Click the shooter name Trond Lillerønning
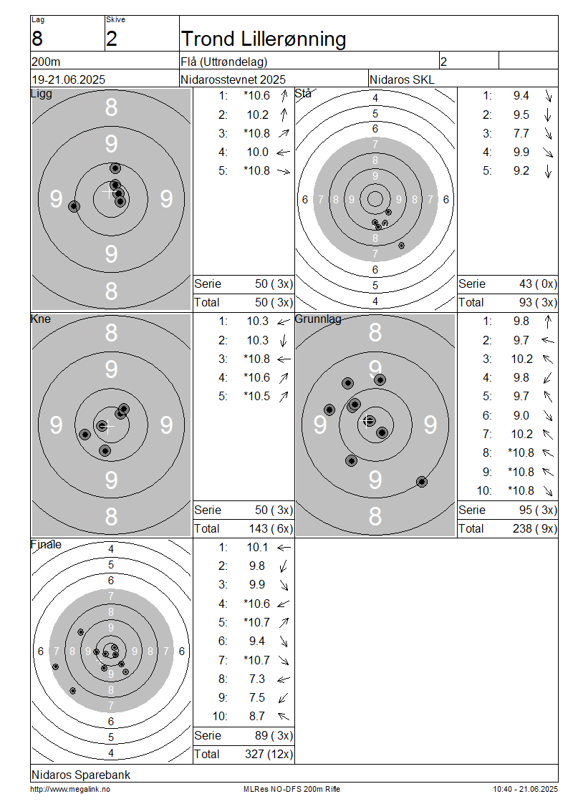pos(264,39)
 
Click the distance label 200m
pos(46,62)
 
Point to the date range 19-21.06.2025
pos(69,80)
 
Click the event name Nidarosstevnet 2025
pos(233,80)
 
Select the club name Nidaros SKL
pos(402,80)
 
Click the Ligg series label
pos(42,93)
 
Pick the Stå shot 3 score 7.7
pos(521,134)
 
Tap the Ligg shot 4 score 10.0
pos(258,152)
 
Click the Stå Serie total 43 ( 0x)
pos(539,284)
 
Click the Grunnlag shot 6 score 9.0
pos(521,415)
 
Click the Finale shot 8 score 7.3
pos(256,679)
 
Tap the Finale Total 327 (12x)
pos(269,755)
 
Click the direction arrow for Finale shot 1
pos(284,548)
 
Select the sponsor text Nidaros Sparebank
pos(81,775)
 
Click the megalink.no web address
pos(70,790)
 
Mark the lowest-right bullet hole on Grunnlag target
pos(422,482)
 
